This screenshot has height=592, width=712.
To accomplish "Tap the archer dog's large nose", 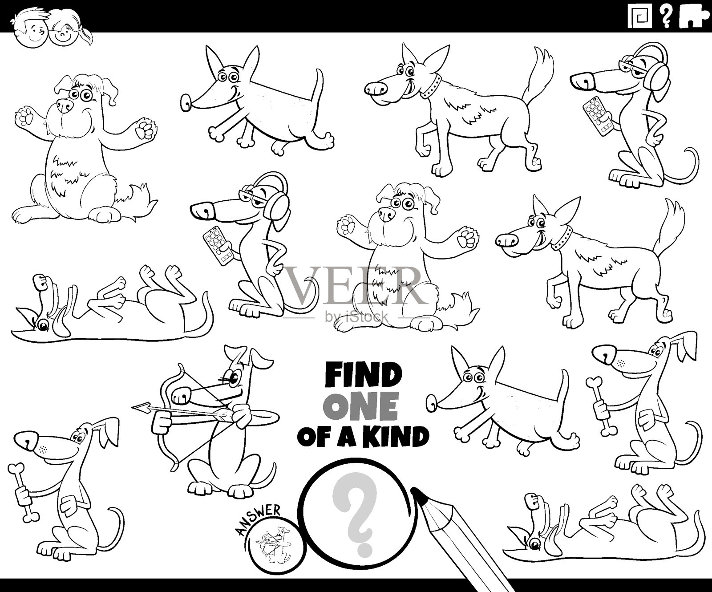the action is tap(182, 393).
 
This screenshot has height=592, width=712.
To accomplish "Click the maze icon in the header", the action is tap(640, 17).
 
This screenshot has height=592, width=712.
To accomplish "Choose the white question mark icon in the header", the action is tap(666, 17).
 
